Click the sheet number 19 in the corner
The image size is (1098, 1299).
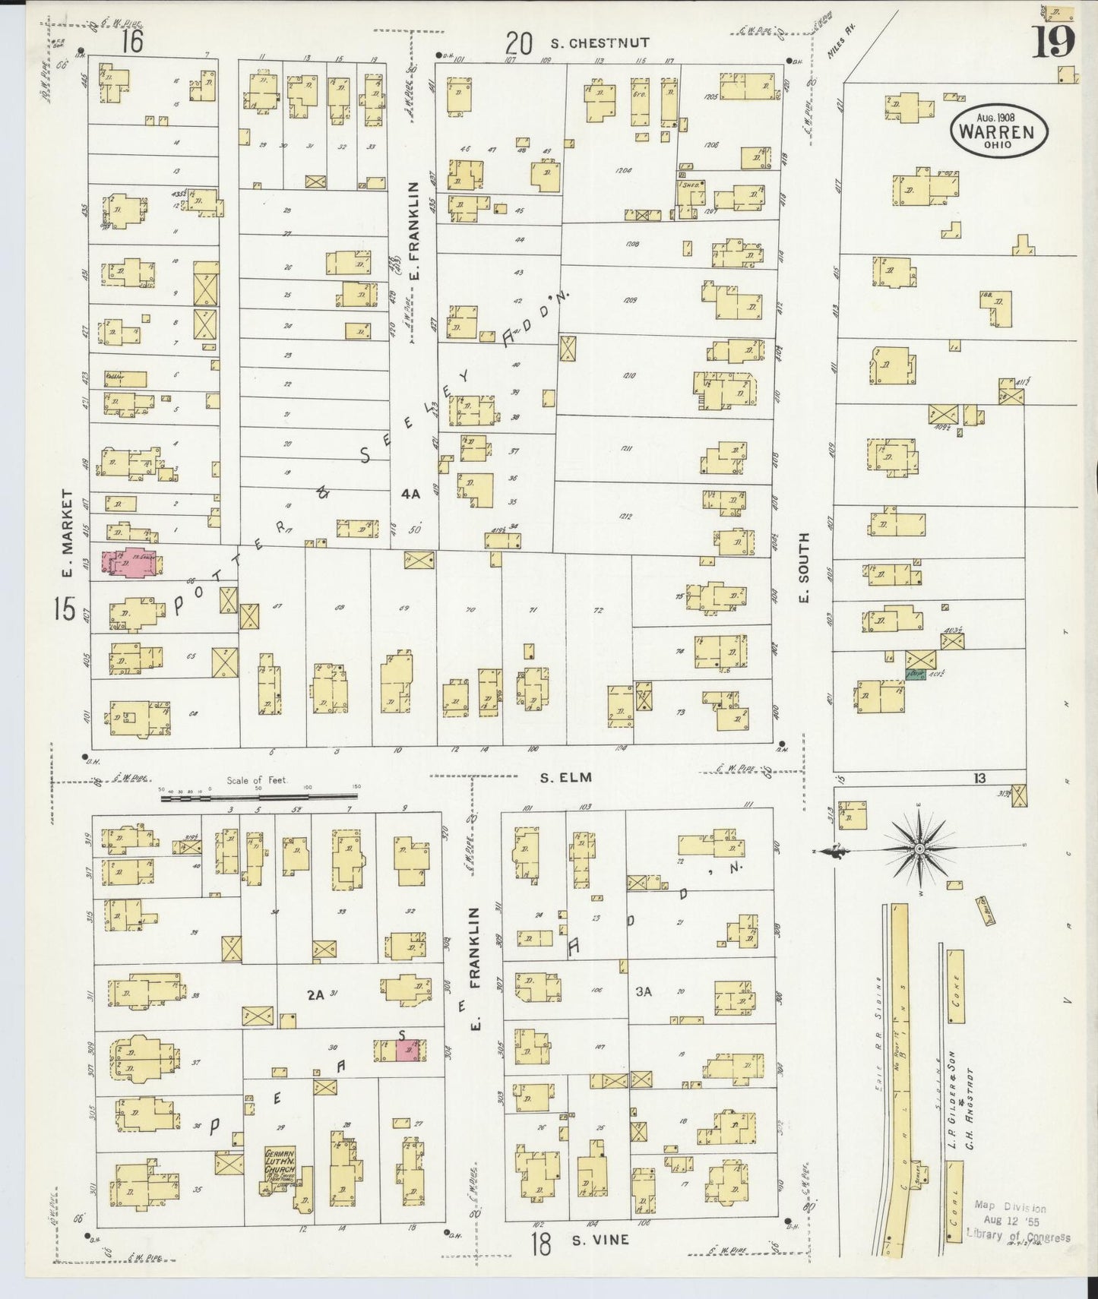point(1052,42)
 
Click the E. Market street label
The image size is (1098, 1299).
point(68,534)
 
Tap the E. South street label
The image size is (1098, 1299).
point(805,567)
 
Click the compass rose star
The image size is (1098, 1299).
point(919,847)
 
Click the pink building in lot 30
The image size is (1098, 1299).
point(411,1051)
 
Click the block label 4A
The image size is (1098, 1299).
point(410,494)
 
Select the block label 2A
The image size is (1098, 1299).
point(315,994)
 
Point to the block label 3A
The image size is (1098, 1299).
point(644,991)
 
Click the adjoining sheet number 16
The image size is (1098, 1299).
point(132,42)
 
